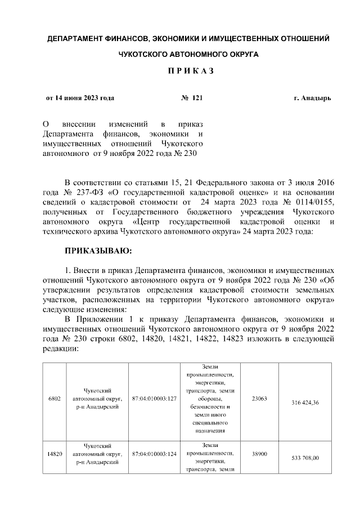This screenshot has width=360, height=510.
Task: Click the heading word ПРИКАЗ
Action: (180, 73)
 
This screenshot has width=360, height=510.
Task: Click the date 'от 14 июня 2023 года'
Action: (80, 98)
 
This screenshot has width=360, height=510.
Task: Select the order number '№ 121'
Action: (191, 98)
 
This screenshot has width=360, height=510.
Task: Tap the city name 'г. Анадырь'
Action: (312, 98)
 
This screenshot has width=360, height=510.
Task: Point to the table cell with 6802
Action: (55, 399)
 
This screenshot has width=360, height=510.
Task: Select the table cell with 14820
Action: (55, 453)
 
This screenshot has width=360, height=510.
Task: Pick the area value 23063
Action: (259, 399)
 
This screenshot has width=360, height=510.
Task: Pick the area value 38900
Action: (259, 453)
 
